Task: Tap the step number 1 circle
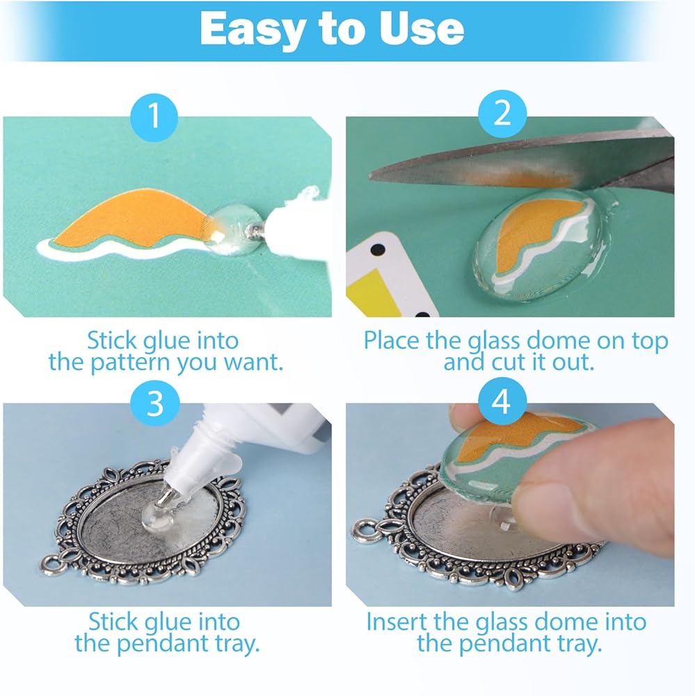click(154, 117)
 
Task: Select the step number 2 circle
click(502, 114)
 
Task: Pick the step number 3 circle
click(155, 404)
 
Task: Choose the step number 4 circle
click(502, 402)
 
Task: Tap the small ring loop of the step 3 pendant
click(52, 564)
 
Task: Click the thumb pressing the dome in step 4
click(599, 489)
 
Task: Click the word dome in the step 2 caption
click(559, 341)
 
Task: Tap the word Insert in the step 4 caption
click(396, 622)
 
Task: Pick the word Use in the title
click(421, 29)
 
